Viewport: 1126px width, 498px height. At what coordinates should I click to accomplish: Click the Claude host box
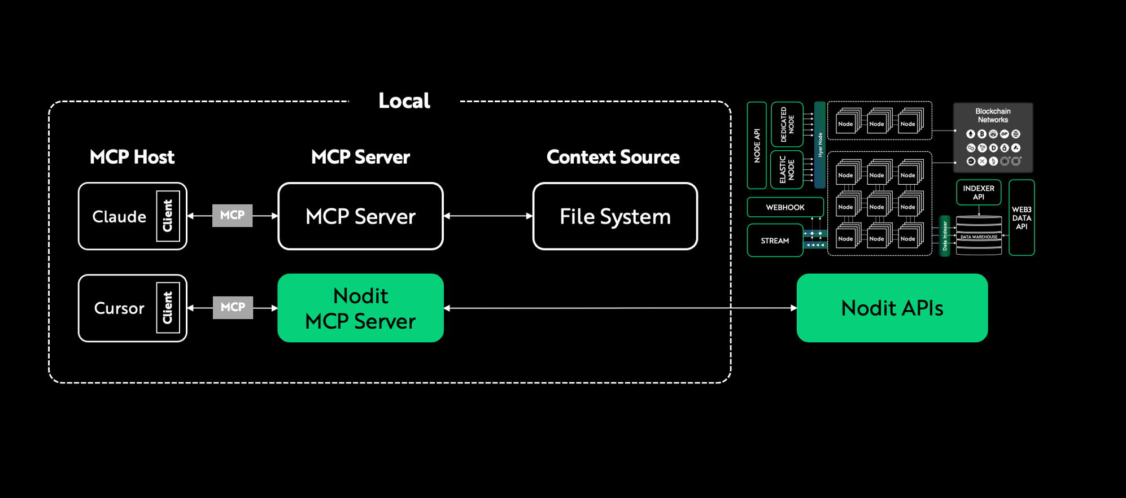(x=119, y=216)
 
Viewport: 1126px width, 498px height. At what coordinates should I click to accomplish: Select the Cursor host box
(x=119, y=308)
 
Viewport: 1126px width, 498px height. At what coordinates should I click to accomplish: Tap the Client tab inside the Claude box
(x=168, y=216)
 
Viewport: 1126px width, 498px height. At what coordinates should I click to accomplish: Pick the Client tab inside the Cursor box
(x=168, y=308)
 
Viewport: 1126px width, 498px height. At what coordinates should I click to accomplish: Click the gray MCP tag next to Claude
(x=232, y=216)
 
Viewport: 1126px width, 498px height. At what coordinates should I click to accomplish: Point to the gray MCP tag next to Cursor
(x=233, y=308)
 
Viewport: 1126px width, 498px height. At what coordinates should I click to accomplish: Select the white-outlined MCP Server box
(x=360, y=216)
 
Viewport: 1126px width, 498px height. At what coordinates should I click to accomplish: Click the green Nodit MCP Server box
(x=360, y=308)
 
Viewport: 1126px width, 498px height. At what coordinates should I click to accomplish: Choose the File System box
(x=615, y=216)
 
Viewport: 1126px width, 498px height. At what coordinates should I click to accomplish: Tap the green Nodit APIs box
(x=892, y=308)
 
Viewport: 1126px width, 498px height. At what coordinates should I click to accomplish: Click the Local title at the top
(x=404, y=101)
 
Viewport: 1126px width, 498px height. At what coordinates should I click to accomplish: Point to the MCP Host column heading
(x=132, y=157)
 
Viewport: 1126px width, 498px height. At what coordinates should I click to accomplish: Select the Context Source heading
(x=613, y=157)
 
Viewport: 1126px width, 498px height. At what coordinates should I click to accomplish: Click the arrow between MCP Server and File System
(x=488, y=216)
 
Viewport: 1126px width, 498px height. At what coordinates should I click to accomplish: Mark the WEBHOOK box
(x=785, y=207)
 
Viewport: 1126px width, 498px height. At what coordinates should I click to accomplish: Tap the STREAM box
(x=775, y=241)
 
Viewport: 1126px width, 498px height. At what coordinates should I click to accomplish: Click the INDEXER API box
(x=978, y=193)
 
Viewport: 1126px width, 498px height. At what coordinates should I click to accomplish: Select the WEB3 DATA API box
(x=1022, y=218)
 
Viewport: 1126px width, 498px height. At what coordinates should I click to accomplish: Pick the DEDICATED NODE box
(x=787, y=124)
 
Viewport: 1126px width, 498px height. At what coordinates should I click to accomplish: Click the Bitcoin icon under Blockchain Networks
(x=982, y=134)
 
